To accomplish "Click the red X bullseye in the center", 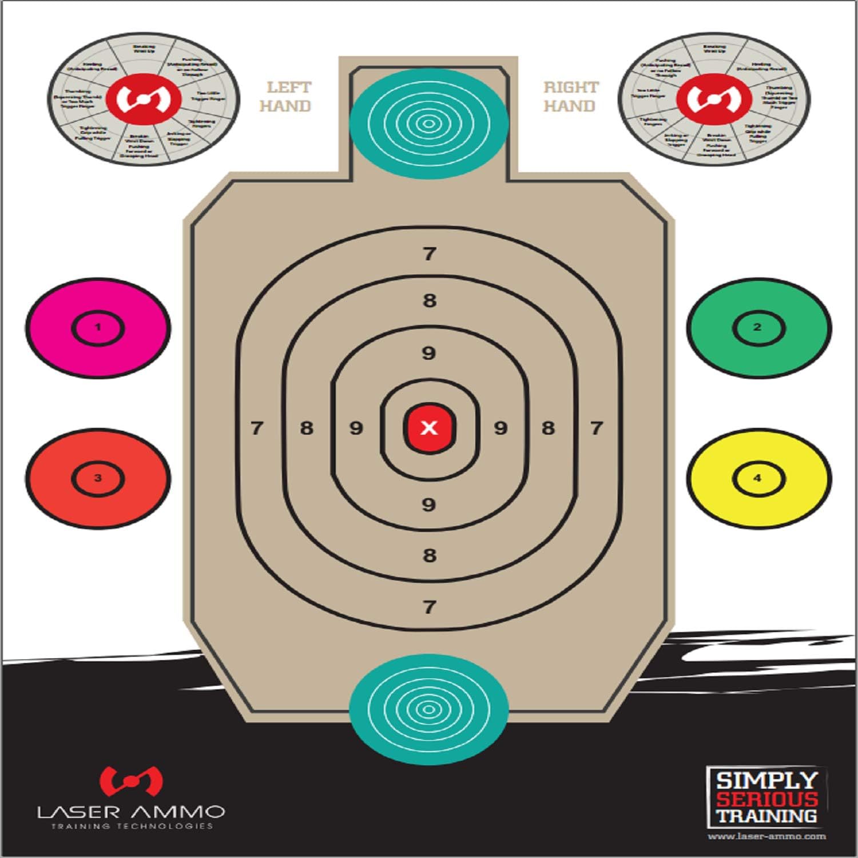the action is pyautogui.click(x=429, y=428).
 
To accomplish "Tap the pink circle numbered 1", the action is pyautogui.click(x=98, y=328).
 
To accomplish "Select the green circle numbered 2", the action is pyautogui.click(x=758, y=328).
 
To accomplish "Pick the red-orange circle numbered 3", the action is pyautogui.click(x=98, y=478).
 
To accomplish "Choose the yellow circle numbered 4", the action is pyautogui.click(x=758, y=478).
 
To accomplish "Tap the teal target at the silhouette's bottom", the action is pyautogui.click(x=428, y=709).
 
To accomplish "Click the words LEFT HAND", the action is pyautogui.click(x=286, y=97).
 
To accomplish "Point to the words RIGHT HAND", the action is pyautogui.click(x=570, y=97).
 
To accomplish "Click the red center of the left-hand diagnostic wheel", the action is pyautogui.click(x=144, y=99).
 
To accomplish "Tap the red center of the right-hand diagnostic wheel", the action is pyautogui.click(x=713, y=99).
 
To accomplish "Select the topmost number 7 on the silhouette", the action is pyautogui.click(x=430, y=253).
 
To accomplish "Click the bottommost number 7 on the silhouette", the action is pyautogui.click(x=430, y=607).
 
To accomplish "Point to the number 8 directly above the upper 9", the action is pyautogui.click(x=430, y=300).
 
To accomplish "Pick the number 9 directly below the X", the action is pyautogui.click(x=428, y=505).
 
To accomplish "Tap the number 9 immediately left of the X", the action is pyautogui.click(x=356, y=428).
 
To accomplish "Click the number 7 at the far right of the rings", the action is pyautogui.click(x=597, y=428).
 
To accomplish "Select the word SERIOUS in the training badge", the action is pyautogui.click(x=766, y=799).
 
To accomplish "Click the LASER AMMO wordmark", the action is pyautogui.click(x=131, y=812).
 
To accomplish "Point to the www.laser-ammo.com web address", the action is pyautogui.click(x=766, y=836).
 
